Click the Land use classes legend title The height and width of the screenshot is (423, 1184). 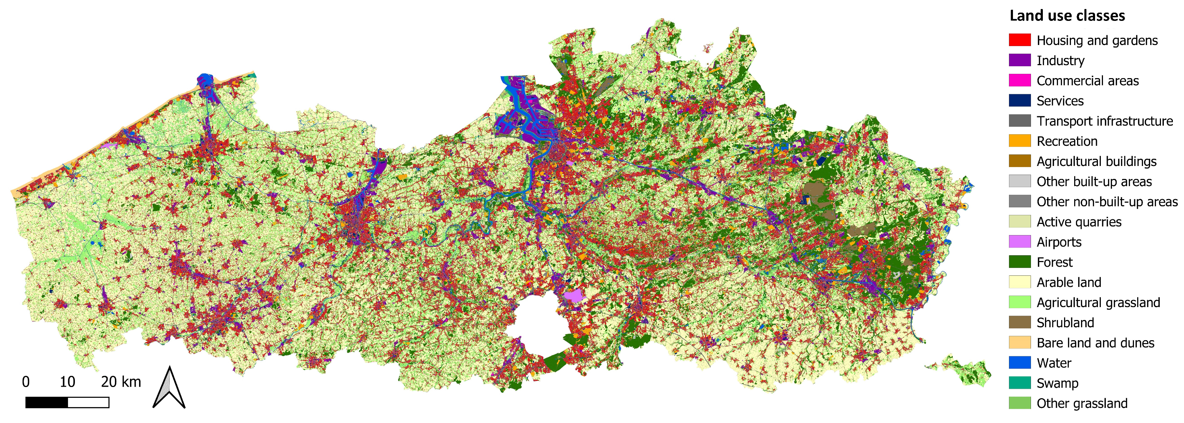[x=1067, y=16]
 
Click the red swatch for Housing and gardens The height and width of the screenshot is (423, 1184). [x=1019, y=40]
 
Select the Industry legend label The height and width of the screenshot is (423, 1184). [x=1060, y=60]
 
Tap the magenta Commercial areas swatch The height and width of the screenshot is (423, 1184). [x=1019, y=80]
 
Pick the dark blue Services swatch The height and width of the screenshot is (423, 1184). [x=1019, y=100]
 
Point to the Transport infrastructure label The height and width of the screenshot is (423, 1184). [x=1104, y=121]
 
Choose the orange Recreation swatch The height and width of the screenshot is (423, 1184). [x=1019, y=141]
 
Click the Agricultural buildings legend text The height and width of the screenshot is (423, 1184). [x=1096, y=161]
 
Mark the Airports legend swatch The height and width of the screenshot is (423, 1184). [x=1019, y=242]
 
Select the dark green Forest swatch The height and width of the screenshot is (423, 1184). [x=1019, y=262]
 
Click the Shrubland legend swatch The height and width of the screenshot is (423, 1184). [x=1019, y=323]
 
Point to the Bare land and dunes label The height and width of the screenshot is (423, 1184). [x=1095, y=343]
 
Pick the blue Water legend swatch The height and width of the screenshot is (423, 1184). [x=1019, y=363]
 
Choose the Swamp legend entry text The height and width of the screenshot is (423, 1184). [x=1057, y=383]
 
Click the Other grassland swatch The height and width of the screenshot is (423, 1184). [x=1019, y=403]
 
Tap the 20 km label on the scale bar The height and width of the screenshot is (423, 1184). [x=120, y=382]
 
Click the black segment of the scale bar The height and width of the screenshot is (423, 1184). [x=46, y=403]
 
